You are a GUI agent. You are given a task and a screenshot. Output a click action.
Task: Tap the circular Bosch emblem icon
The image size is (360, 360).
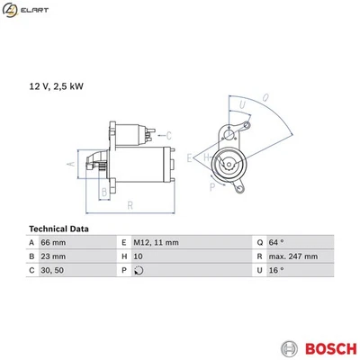[288, 346]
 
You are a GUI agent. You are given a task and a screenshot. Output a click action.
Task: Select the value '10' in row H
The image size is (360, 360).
[138, 256]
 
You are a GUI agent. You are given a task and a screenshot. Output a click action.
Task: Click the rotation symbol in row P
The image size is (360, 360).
[138, 270]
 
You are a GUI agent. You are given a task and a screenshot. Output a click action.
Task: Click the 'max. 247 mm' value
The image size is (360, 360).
[293, 256]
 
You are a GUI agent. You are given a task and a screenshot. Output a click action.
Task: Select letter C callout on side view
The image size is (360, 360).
[169, 135]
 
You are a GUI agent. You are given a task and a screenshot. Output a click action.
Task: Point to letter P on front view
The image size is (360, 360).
[212, 187]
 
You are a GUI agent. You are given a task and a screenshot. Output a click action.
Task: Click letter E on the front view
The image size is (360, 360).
[190, 157]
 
